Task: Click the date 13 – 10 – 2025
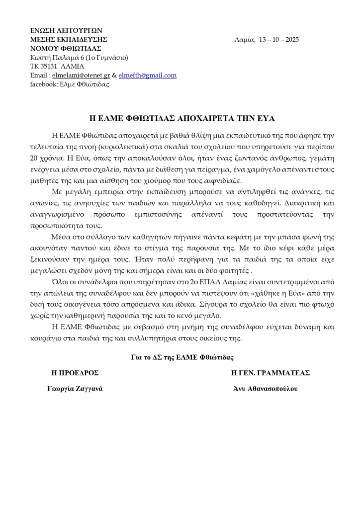(279, 40)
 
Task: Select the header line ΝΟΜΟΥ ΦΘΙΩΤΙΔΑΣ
(66, 49)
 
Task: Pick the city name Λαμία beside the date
(244, 40)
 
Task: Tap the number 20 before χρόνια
(35, 159)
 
